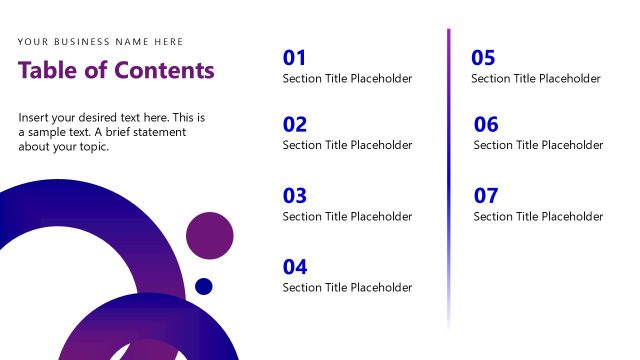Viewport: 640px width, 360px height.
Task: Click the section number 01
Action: tap(295, 58)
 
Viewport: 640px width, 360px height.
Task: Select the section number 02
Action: tap(295, 125)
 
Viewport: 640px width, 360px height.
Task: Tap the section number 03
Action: tap(295, 196)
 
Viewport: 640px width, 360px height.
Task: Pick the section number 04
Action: tap(295, 267)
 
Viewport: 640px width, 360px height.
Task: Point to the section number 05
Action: tap(483, 58)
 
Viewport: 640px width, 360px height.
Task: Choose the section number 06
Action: tap(486, 125)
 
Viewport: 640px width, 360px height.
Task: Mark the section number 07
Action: tap(486, 196)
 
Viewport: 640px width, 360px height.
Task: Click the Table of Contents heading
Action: tap(116, 70)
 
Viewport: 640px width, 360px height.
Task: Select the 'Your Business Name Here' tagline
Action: tap(100, 42)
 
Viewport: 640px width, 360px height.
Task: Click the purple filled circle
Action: tap(209, 237)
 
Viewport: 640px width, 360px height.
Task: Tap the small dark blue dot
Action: tap(204, 287)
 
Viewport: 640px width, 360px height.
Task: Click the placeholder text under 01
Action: tap(347, 79)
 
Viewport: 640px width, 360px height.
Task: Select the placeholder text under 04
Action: tap(347, 288)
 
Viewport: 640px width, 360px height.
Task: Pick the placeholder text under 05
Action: tap(536, 79)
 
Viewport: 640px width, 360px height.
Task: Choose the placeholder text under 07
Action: tap(538, 217)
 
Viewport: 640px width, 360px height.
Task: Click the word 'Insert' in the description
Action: tap(35, 118)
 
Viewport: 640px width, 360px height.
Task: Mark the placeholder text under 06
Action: tap(538, 145)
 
